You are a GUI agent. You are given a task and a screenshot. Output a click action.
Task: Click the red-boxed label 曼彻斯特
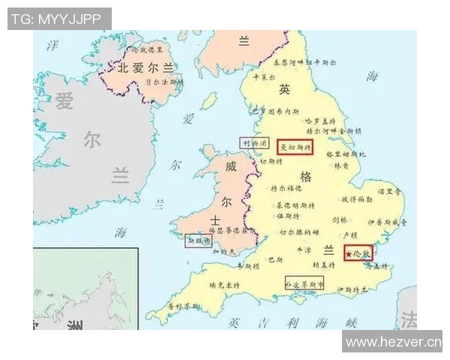point(295,147)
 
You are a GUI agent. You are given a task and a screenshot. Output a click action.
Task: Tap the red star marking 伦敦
point(349,255)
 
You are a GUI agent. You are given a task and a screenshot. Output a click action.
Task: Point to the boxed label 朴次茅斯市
point(304,285)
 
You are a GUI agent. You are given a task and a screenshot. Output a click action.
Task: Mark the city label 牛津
point(304,249)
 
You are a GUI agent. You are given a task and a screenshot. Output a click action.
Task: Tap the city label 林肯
point(341,165)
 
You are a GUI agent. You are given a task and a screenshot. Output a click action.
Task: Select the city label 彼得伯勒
point(357,200)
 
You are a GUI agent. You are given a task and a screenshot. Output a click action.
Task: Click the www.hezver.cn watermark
point(392,342)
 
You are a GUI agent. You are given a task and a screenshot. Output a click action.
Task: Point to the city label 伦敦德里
point(146,49)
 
